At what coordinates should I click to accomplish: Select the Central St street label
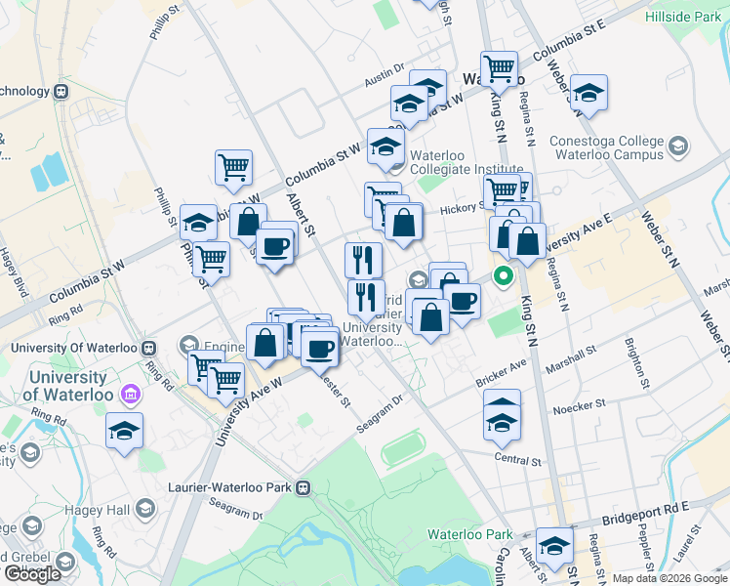(517, 460)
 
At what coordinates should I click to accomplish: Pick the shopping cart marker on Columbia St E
(499, 68)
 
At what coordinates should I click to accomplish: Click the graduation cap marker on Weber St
(588, 93)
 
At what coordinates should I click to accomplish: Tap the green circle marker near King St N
(504, 276)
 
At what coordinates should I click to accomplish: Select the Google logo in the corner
(32, 574)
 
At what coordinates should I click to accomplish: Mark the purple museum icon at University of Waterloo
(129, 395)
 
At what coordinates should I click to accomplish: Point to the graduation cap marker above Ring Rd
(125, 431)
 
